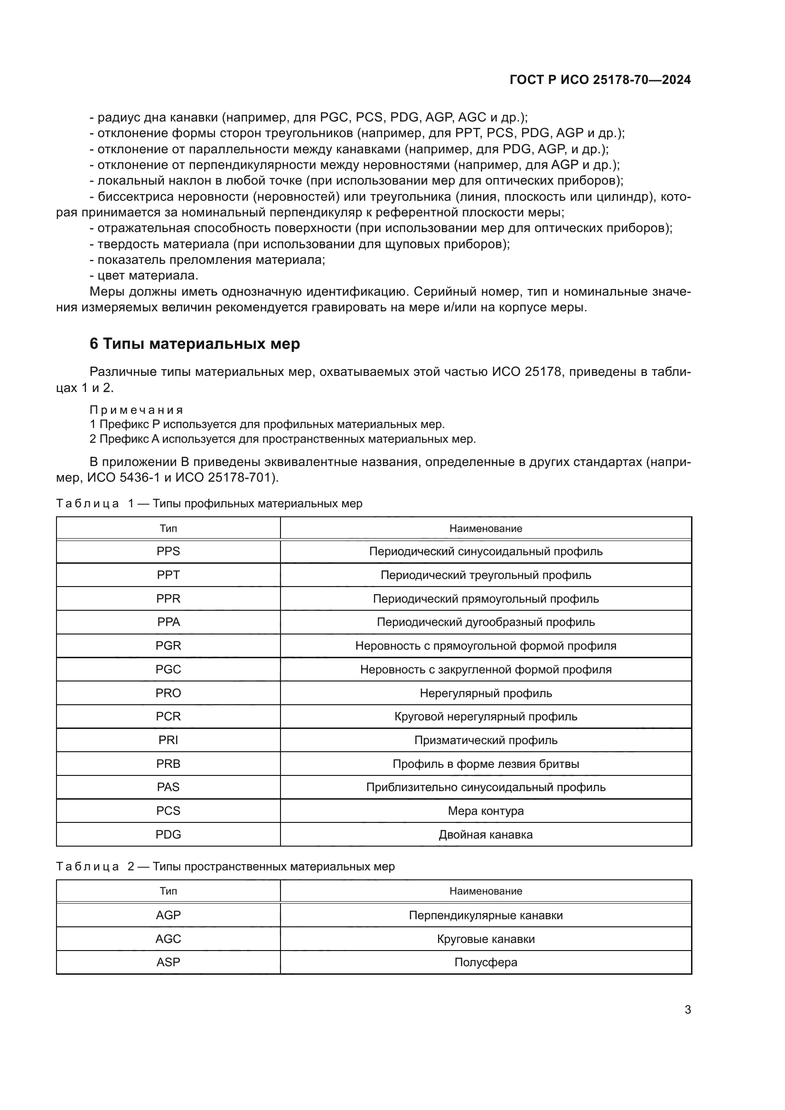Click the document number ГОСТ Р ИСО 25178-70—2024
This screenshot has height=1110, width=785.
(600, 80)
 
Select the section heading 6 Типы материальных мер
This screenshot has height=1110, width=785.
(194, 344)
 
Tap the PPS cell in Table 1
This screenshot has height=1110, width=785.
(168, 551)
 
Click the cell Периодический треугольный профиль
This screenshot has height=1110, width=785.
(486, 575)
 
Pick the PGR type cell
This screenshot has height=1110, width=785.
(168, 646)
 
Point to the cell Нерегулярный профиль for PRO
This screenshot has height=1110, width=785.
(486, 693)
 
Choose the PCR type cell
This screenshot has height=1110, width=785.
(168, 717)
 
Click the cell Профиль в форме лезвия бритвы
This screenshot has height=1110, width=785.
(486, 764)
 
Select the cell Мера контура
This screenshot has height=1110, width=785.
(486, 811)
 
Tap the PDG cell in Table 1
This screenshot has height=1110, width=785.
(168, 834)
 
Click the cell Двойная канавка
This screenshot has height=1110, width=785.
(486, 834)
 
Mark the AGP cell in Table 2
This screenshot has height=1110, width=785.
(168, 915)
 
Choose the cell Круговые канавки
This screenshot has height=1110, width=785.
(486, 939)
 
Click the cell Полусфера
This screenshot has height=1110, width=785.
(486, 962)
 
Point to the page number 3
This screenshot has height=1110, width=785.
(687, 1010)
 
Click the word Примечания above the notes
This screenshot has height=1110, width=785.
(136, 410)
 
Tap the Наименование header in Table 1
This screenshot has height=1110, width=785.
(486, 528)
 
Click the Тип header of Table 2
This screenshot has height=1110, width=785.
(168, 891)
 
